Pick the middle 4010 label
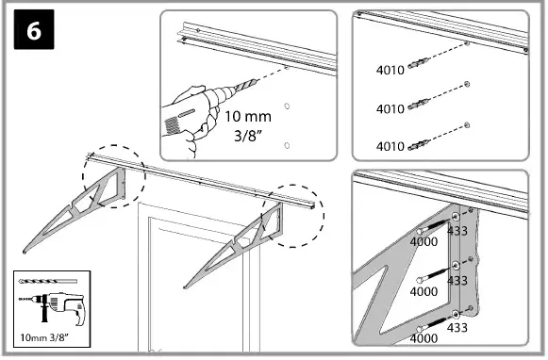(x=390, y=108)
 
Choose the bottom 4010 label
(x=390, y=146)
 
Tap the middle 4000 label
(x=424, y=293)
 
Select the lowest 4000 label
(x=424, y=336)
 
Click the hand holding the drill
(x=185, y=118)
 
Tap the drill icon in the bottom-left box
(x=51, y=310)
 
